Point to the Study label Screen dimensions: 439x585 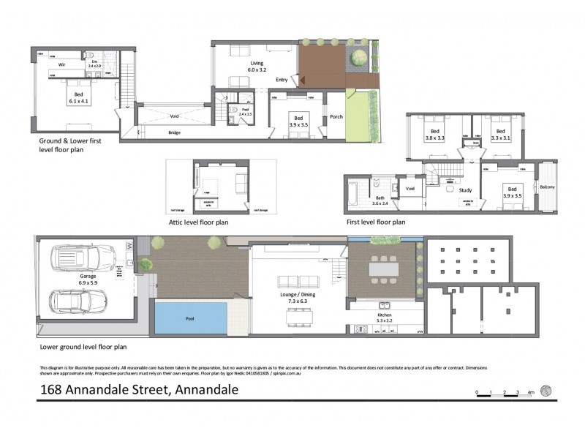coord(465,190)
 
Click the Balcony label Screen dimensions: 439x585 coord(548,187)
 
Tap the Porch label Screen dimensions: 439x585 coord(337,116)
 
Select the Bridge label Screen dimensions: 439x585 coord(175,132)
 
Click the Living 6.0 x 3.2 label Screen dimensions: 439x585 coord(257,67)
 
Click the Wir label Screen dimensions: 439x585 coord(63,64)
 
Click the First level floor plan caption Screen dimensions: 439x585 coord(376,220)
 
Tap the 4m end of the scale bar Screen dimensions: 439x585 coord(530,393)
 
